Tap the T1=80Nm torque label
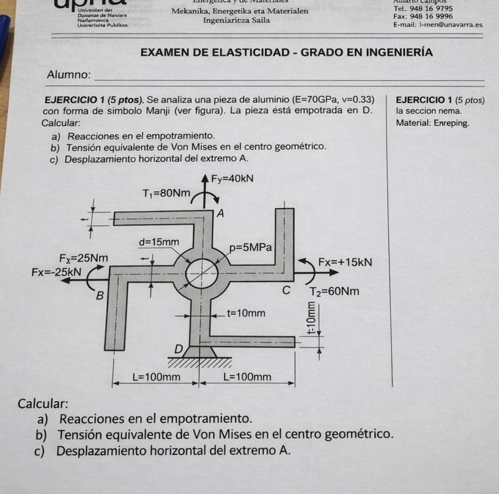[167, 193]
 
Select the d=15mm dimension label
[159, 242]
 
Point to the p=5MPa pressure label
[250, 248]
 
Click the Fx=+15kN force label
[345, 262]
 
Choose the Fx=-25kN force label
[56, 272]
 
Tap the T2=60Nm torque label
[335, 292]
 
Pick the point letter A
[221, 213]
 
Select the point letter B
[100, 295]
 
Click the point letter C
[286, 291]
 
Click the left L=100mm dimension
[155, 376]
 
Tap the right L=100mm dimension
[247, 376]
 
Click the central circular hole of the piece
[201, 273]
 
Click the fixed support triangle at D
[200, 352]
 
